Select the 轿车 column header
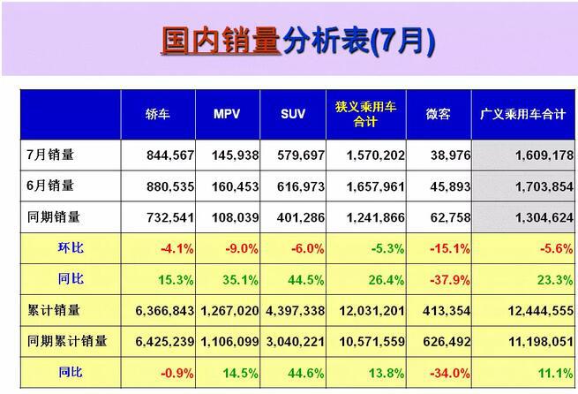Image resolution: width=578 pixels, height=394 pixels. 160,115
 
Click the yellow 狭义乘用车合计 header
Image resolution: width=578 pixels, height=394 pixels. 366,114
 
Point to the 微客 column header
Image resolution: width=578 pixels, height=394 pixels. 438,115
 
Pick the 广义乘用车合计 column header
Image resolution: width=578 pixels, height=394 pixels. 522,115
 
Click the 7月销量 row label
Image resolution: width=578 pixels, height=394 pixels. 50,155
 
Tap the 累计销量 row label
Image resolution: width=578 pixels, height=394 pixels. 54,309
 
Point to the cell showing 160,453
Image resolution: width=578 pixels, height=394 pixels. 235,186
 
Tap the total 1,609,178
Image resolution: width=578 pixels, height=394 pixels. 531,155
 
